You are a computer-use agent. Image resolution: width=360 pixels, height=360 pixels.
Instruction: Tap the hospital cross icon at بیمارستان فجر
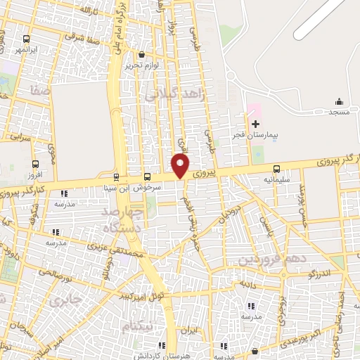[255, 123]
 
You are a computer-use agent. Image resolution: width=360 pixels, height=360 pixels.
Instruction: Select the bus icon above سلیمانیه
[276, 169]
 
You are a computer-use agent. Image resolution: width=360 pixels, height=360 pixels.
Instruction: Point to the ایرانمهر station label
[26, 51]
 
